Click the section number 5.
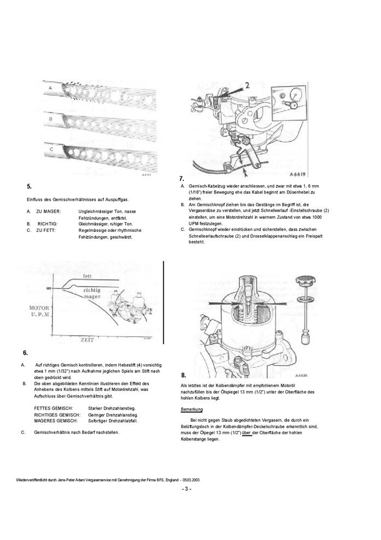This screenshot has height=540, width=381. pos(30,186)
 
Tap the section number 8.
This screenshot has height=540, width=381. pos(183,375)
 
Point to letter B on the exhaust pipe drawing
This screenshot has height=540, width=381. pos(50,118)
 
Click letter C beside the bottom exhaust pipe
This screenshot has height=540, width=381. pos(50,148)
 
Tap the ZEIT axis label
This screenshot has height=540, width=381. pos(86,340)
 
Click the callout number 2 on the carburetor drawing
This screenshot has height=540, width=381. pos(247,85)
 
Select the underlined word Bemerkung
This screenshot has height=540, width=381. pos(192,410)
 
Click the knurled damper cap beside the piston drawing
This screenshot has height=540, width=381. pos(304,282)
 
